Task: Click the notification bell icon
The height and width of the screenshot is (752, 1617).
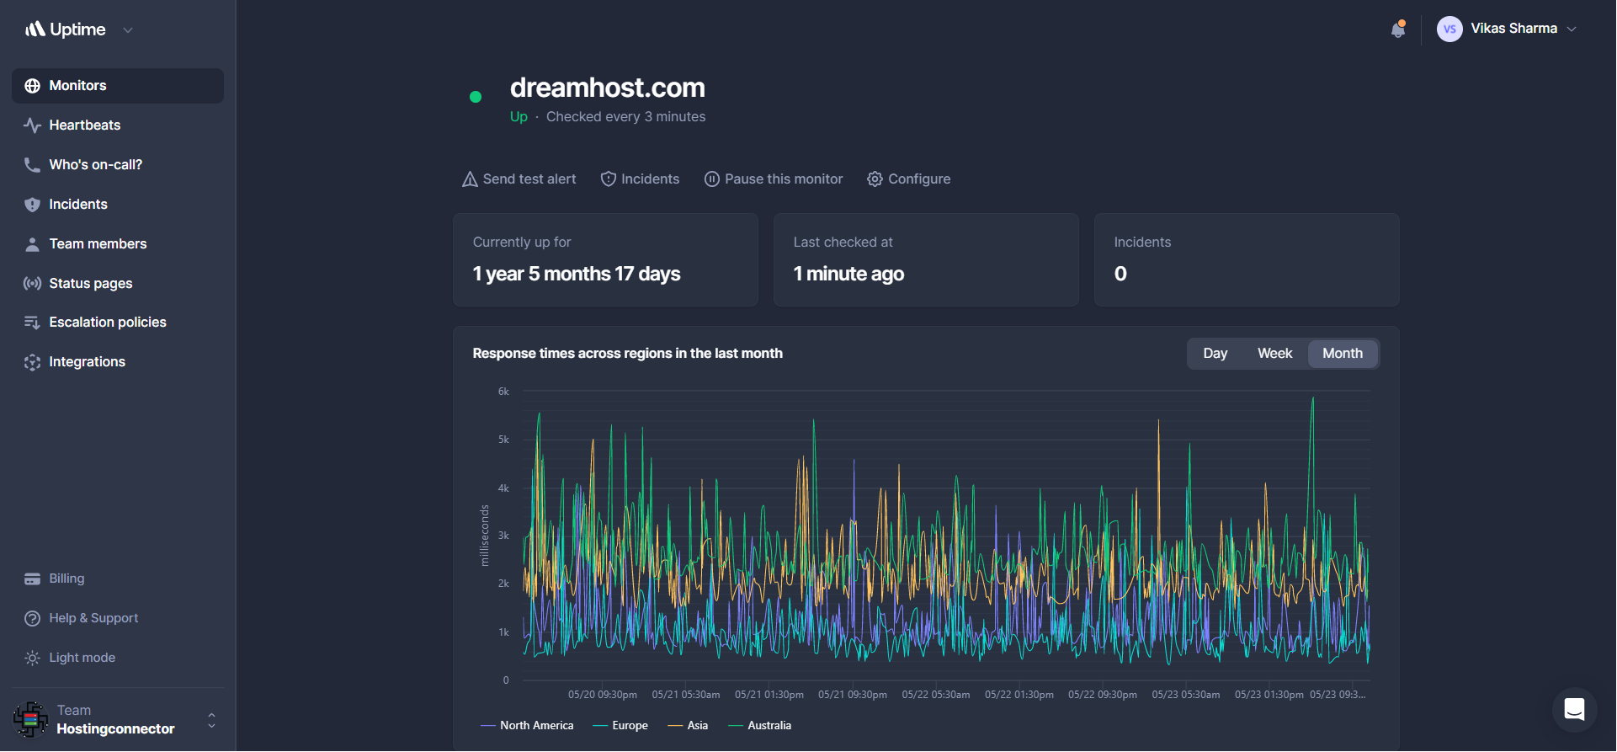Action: click(1398, 29)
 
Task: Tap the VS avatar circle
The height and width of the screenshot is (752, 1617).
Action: click(1449, 29)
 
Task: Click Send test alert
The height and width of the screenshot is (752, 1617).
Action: click(519, 179)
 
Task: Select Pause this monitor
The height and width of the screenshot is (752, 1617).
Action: click(774, 179)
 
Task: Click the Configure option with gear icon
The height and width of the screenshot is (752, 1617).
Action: click(909, 179)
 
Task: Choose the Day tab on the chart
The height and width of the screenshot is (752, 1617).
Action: click(1215, 354)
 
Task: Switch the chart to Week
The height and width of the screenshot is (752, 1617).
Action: click(1274, 354)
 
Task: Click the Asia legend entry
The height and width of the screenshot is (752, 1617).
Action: click(689, 726)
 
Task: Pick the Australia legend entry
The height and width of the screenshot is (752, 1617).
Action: click(760, 726)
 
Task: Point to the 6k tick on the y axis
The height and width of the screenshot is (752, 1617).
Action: click(503, 392)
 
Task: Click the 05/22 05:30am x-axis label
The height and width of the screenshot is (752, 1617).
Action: click(936, 695)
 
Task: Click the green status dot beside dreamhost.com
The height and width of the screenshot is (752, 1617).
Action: click(476, 97)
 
